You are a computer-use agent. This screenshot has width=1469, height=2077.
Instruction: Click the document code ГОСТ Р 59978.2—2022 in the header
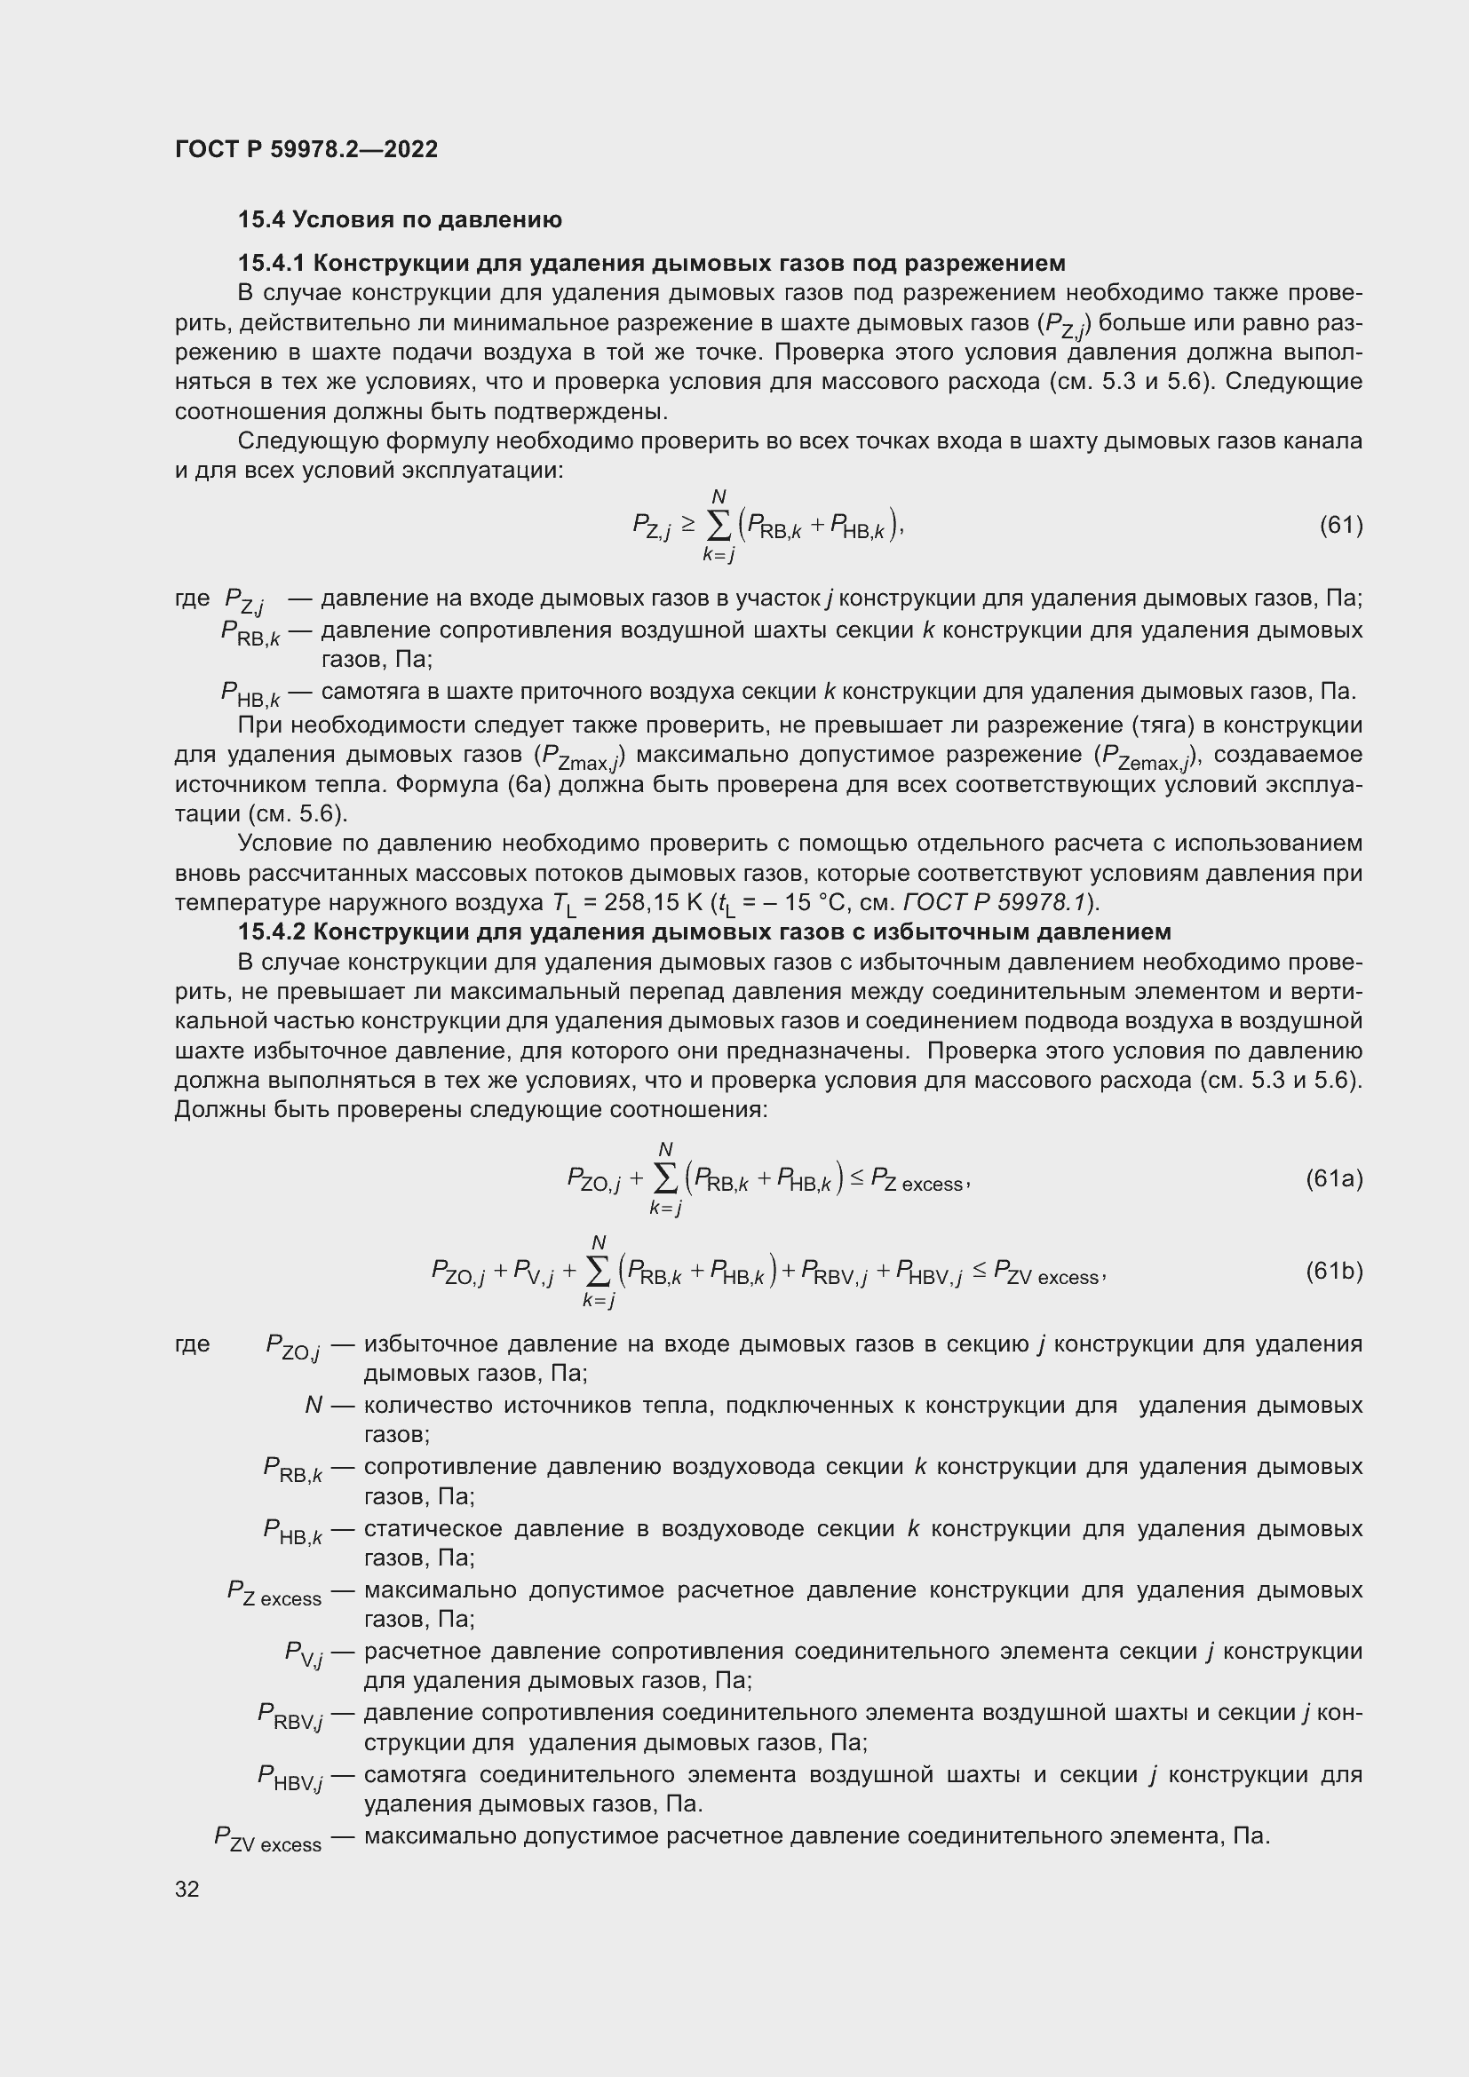pos(306,149)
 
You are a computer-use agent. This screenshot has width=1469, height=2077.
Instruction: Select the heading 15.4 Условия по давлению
pos(400,220)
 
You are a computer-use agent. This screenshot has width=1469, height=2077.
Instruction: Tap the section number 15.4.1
pos(272,263)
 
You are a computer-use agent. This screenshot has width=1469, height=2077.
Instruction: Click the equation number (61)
pos(1340,525)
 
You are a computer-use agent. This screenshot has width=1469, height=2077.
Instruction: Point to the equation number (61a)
pos(1333,1178)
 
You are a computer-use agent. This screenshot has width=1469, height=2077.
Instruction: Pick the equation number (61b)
pos(1333,1271)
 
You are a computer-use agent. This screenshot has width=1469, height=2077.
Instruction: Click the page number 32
pos(187,1889)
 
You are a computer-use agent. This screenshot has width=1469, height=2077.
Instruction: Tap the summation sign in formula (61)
pos(719,526)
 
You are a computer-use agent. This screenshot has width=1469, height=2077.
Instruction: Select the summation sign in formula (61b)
pos(598,1272)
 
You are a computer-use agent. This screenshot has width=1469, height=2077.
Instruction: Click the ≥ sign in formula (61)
pos(688,524)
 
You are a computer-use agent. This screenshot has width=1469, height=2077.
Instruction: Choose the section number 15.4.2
pos(272,931)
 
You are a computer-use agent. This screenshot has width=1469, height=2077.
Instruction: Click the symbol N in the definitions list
pos(314,1405)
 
